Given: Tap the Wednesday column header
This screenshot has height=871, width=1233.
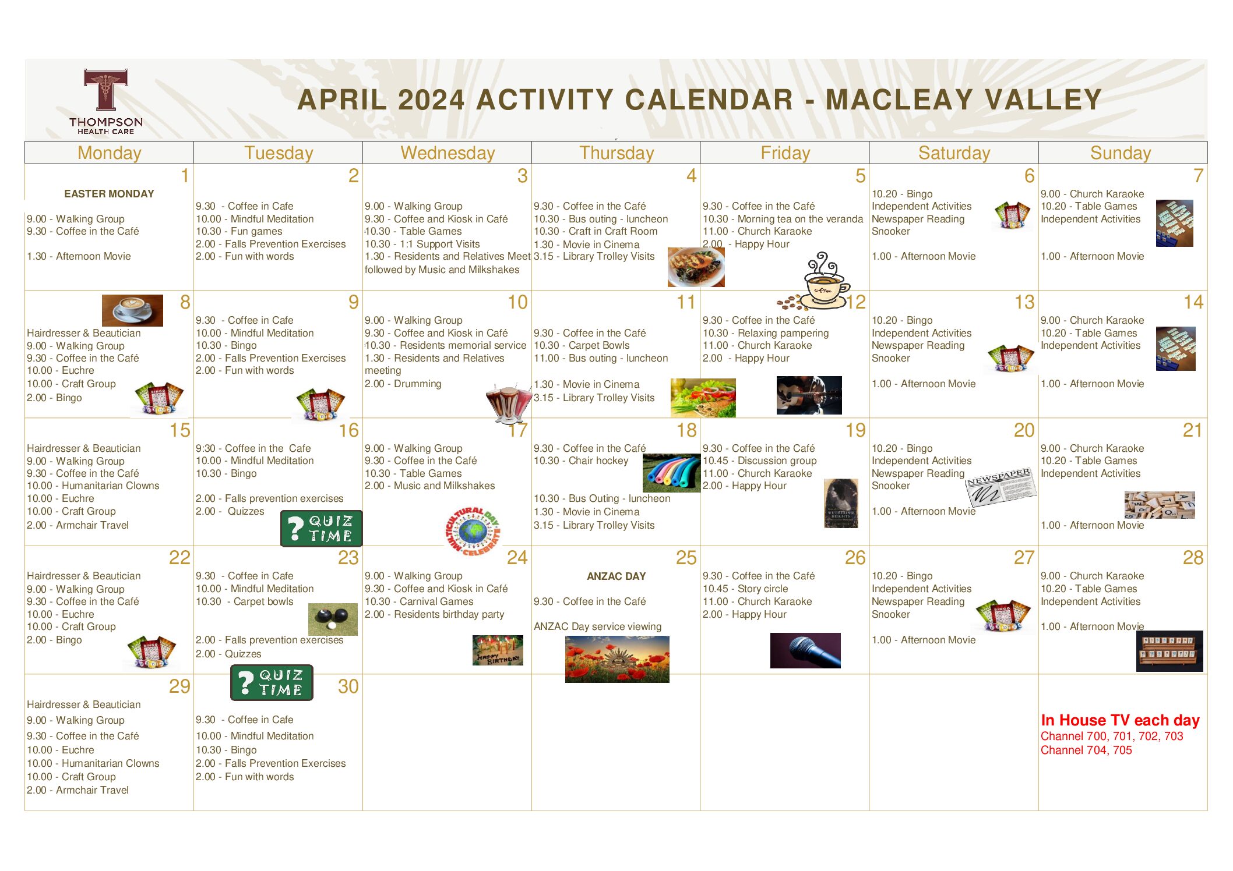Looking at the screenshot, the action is tap(448, 153).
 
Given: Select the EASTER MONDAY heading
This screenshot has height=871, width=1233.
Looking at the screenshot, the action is tap(109, 194).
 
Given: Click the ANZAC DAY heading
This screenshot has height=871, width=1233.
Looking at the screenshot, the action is tap(616, 576).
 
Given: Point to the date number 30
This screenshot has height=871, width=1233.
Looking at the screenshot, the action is tap(348, 686).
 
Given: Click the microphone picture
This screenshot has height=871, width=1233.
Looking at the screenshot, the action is tap(805, 650).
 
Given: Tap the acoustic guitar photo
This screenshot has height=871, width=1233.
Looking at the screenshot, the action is tap(809, 395).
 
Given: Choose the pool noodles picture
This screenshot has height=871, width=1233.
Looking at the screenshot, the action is tap(671, 473).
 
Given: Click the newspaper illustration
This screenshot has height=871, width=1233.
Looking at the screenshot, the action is tap(1000, 487).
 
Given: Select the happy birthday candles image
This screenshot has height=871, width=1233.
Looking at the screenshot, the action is tap(498, 650).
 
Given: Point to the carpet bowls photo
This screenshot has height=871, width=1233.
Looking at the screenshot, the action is tap(333, 619).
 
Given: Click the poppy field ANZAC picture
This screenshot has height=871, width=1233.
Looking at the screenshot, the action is tap(617, 659).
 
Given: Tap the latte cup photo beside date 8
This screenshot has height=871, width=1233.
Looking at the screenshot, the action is tap(132, 310).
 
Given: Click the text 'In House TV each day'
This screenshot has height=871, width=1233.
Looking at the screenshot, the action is tap(1120, 721).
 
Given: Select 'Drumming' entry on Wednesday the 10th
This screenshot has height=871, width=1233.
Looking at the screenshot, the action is tap(403, 384).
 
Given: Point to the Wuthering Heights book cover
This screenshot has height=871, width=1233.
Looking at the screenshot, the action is tap(841, 504).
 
